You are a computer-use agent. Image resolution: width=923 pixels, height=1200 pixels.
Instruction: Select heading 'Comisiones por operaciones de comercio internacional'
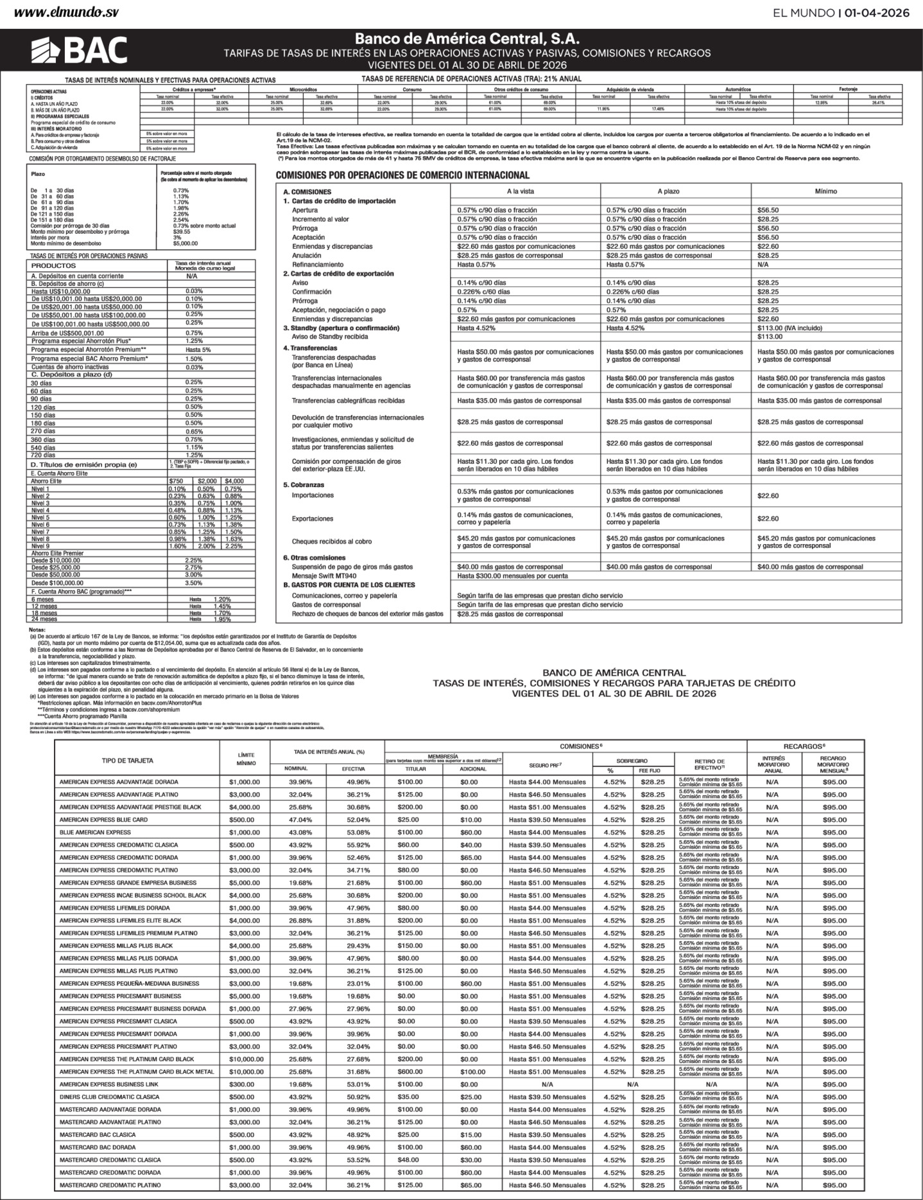402,175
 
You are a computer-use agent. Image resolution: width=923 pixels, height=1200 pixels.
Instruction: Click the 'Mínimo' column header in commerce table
825,191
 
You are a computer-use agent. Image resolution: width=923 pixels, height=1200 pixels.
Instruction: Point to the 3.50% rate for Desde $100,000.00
194,583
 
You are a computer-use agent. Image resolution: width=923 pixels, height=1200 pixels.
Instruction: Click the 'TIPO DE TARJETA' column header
127,760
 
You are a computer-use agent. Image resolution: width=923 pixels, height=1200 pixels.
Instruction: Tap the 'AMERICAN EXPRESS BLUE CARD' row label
103,820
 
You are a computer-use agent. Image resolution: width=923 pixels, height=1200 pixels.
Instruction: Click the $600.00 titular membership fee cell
410,1072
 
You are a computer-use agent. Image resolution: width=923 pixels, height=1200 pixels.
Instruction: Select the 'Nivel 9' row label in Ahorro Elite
40,546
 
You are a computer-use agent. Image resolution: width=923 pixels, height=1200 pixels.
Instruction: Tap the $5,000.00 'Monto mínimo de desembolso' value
185,243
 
